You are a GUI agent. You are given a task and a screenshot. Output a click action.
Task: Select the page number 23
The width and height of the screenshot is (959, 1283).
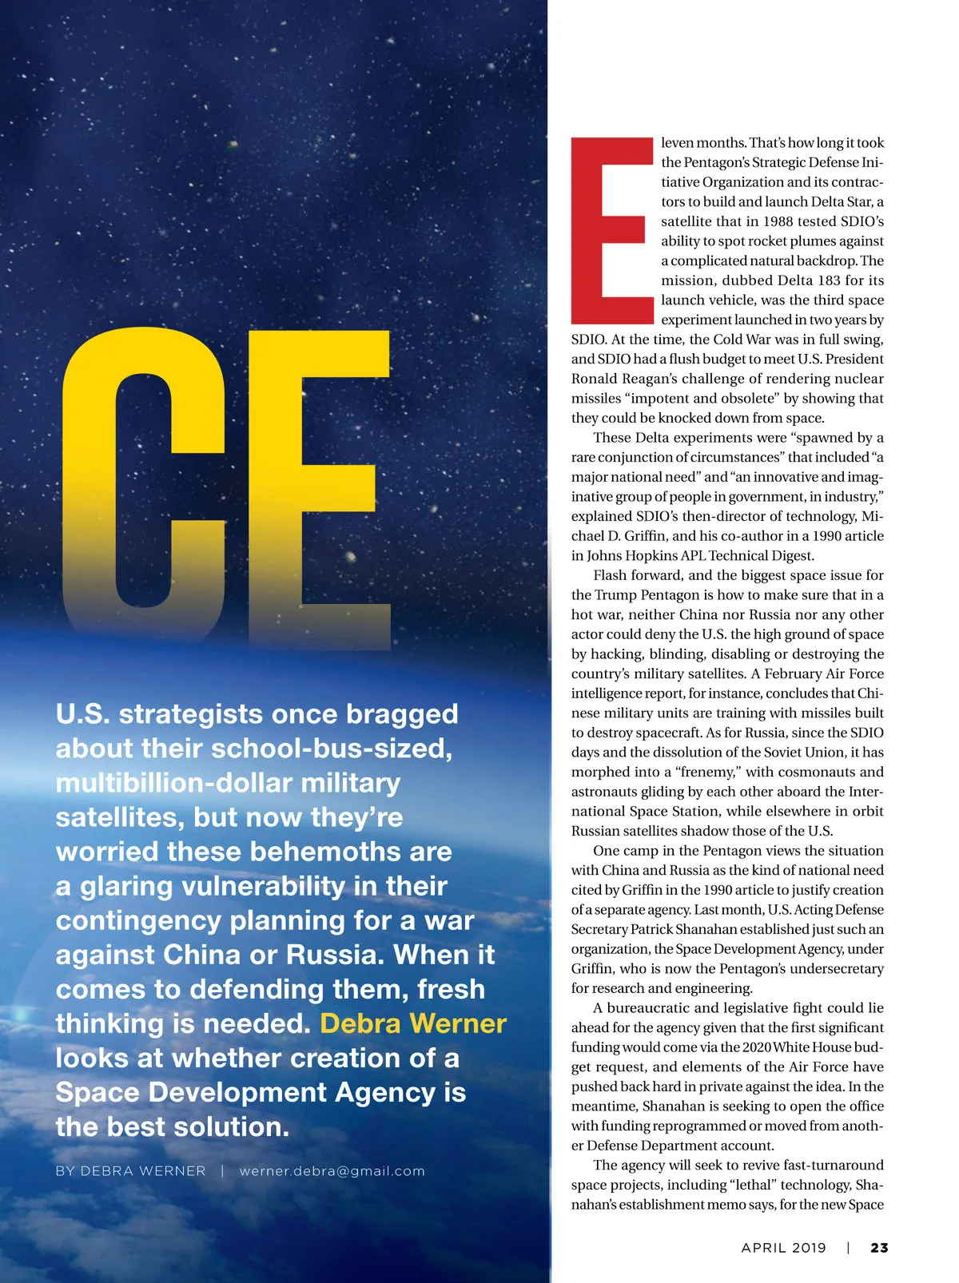click(879, 1248)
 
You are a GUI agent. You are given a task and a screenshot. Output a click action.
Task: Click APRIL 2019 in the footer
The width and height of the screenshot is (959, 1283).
click(783, 1248)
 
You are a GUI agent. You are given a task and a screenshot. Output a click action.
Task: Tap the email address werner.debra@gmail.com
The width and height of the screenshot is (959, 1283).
click(332, 1171)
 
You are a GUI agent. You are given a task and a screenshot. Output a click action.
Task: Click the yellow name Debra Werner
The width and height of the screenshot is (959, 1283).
click(413, 1023)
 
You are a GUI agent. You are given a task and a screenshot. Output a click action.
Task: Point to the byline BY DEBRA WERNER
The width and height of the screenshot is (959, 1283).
click(130, 1171)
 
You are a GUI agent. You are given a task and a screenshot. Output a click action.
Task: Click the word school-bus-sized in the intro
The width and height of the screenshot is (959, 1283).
click(332, 749)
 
